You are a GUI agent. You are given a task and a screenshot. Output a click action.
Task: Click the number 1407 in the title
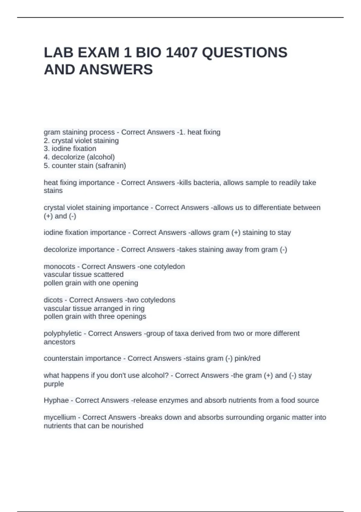point(182,53)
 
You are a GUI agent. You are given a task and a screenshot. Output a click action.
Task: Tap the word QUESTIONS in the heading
point(245,53)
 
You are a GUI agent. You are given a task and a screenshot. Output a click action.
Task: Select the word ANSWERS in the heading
point(116,70)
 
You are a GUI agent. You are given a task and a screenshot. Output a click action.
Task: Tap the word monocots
point(59,267)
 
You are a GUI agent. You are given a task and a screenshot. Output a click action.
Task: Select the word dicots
point(53,300)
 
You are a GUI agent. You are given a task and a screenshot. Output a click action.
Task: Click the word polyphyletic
point(63,334)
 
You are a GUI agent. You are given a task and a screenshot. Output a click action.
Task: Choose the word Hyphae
point(56,400)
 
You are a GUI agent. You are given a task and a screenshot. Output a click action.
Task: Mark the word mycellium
point(60,417)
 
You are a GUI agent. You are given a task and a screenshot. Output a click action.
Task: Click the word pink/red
point(247,358)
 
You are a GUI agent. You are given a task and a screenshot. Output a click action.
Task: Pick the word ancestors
point(60,342)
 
